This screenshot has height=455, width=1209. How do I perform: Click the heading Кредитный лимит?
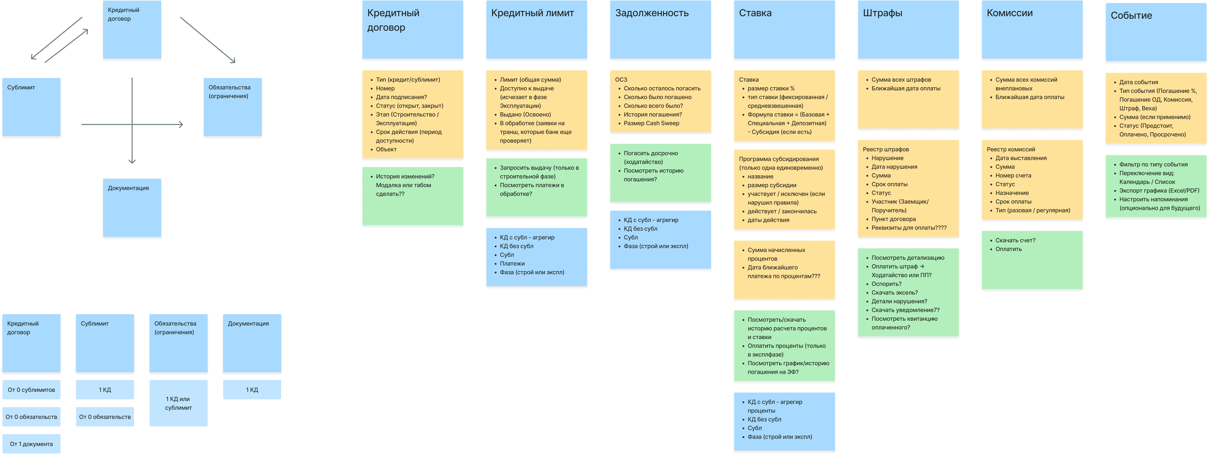pos(532,13)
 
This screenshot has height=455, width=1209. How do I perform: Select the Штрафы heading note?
pos(882,13)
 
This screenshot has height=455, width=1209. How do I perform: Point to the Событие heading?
pos(1131,15)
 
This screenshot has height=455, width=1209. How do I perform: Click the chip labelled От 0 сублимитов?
pos(31,390)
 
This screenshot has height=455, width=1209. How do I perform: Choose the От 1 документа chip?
pos(31,444)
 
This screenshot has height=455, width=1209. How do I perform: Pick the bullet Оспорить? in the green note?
pos(886,284)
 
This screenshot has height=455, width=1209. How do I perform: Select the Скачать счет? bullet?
pos(1015,240)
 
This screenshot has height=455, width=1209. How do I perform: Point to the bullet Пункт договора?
pos(893,219)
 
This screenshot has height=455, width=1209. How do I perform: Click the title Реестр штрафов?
pos(886,149)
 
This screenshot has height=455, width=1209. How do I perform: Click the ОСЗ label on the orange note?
pos(621,80)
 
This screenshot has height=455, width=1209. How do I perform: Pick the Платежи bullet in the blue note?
pos(512,264)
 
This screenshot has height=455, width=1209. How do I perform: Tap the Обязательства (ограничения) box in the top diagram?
pos(232,107)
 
